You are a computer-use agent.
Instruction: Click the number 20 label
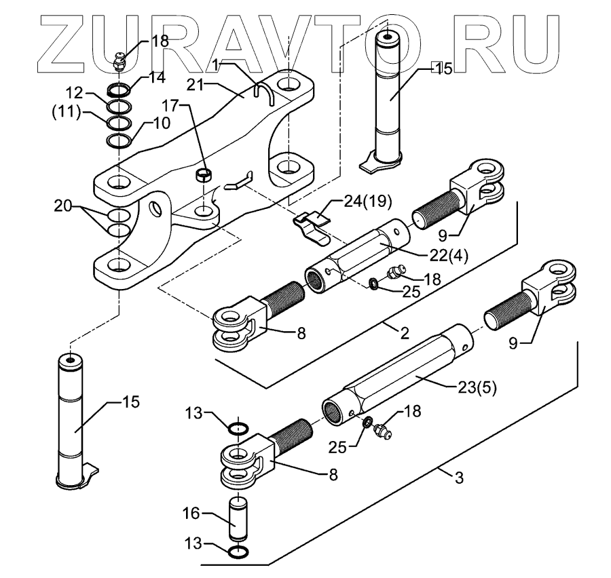(x=62, y=204)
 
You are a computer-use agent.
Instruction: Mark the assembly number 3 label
(x=459, y=479)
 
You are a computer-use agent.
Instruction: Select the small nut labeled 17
(x=202, y=176)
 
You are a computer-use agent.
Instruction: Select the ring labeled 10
(x=119, y=140)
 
